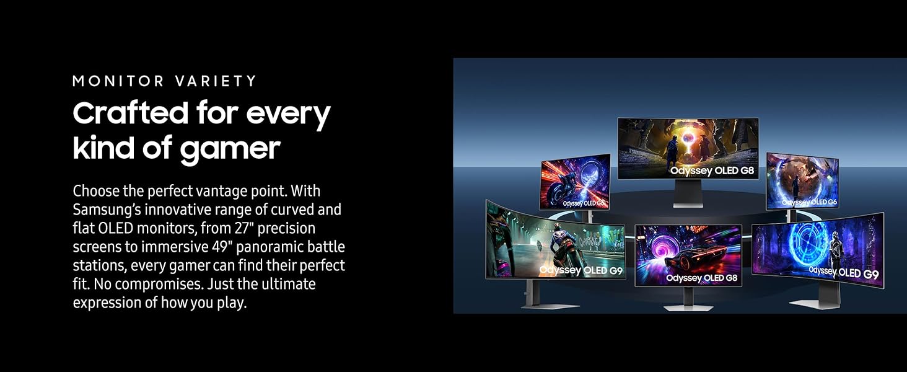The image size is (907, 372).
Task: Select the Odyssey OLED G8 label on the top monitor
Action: [x=712, y=170]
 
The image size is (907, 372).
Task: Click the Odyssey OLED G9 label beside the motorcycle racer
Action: [x=581, y=270]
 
